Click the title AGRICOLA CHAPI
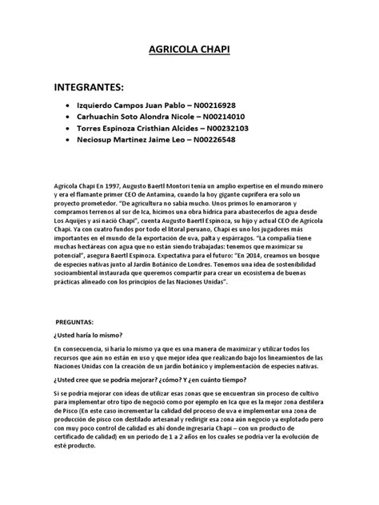point(189,50)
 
